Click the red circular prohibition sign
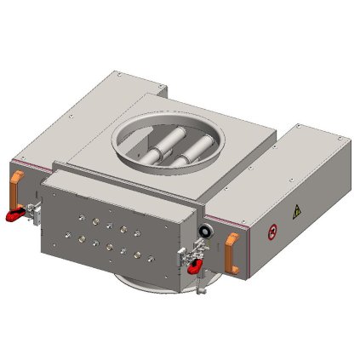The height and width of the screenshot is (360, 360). click(x=271, y=229)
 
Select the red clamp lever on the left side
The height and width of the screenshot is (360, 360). click(x=14, y=214)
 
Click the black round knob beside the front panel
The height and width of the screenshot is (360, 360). click(x=205, y=231)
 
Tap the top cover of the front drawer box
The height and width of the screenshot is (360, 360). click(x=119, y=184)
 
